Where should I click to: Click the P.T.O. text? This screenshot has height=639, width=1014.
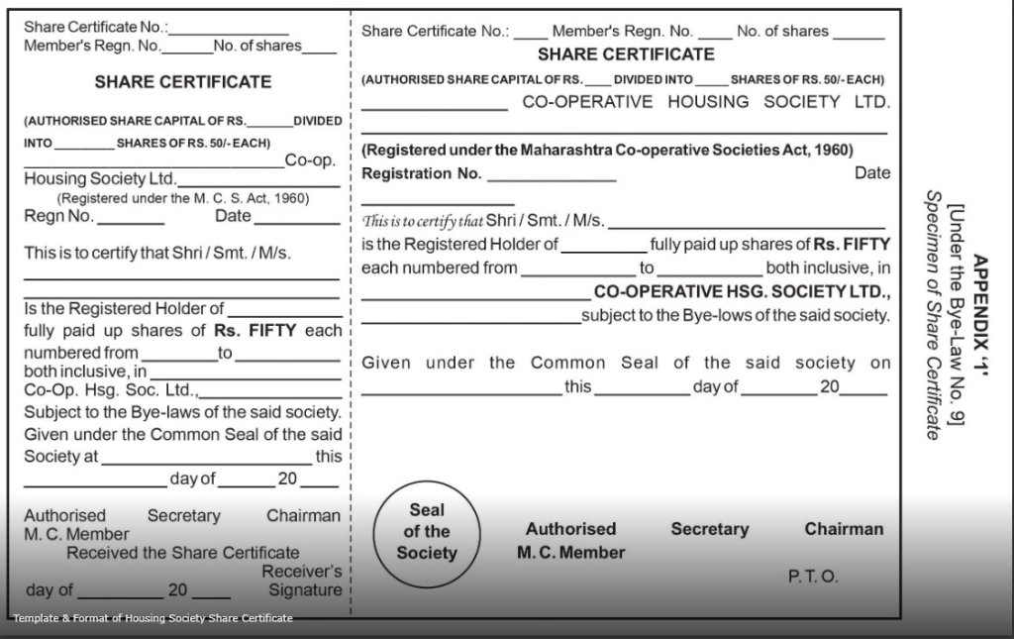coord(813,577)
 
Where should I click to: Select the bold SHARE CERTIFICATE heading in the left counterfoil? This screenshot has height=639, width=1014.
coord(182,82)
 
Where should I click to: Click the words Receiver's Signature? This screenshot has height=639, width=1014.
coord(302,581)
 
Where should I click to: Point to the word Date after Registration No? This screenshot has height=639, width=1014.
coord(871,173)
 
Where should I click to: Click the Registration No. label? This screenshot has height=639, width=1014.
coord(422,173)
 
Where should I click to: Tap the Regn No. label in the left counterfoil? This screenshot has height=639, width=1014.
coord(58,216)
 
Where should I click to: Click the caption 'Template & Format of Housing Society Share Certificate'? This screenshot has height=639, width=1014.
coord(152,618)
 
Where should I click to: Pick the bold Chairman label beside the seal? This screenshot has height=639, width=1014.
coord(844,529)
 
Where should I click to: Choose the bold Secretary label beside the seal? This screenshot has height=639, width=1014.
coord(709,529)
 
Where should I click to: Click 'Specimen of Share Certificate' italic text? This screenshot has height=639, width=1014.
coord(932,313)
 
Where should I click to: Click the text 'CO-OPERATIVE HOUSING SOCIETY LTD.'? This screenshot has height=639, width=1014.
coord(706,102)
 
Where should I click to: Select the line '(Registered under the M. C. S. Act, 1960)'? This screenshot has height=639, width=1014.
coord(182,198)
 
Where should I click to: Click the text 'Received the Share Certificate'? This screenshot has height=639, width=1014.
coord(182,553)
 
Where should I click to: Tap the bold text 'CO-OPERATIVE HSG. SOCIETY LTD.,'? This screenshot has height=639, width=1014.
coord(742,292)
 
